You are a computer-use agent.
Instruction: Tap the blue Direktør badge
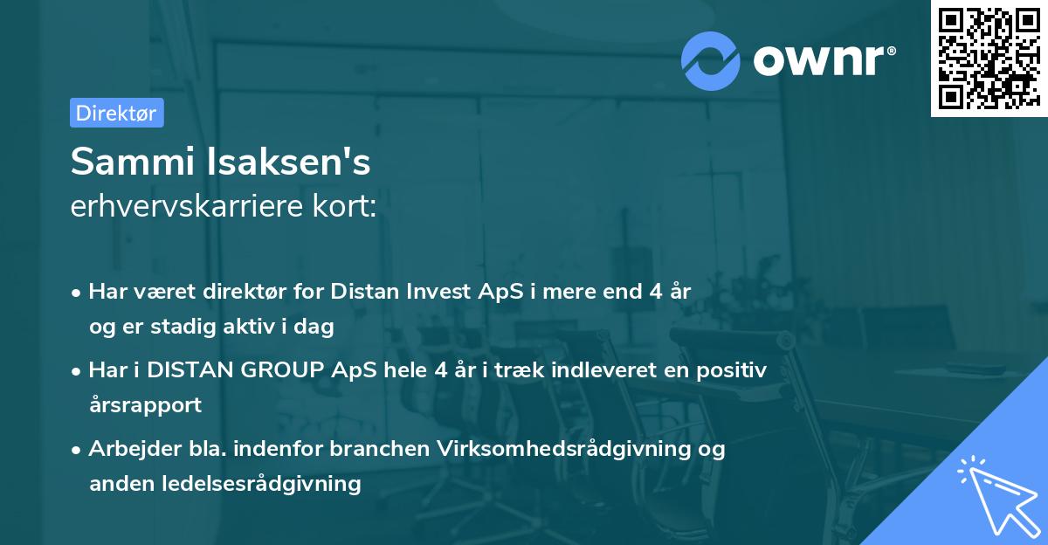pyautogui.click(x=116, y=113)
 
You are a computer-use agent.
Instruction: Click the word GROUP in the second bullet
pyautogui.click(x=279, y=370)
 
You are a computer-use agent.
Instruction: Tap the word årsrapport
pyautogui.click(x=145, y=405)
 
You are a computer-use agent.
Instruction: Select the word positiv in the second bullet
pyautogui.click(x=736, y=370)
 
